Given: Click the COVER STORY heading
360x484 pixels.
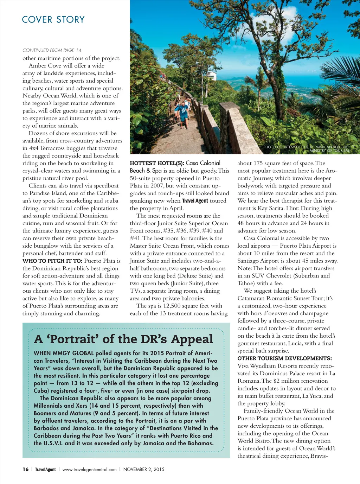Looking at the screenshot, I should coord(53,20).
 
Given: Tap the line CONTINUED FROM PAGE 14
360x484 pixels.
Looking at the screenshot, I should coord(52,50).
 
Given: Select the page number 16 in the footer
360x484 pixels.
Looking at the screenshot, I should coord(26,469).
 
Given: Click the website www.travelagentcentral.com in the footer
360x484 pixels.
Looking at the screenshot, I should coord(89,469).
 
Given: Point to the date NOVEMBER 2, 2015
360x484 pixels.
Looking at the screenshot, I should coord(144,469).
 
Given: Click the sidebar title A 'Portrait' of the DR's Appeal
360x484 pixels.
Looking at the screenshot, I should coord(123,339).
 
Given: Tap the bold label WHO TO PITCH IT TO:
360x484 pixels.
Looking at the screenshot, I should coord(52,261).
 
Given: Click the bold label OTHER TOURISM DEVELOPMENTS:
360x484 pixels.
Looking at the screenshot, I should coord(284,358).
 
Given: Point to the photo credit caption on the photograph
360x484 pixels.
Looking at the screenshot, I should coord(306,149).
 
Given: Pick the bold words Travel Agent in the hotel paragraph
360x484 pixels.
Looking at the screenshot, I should coord(195,201).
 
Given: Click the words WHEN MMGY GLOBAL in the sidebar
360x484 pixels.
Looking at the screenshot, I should coord(64,353).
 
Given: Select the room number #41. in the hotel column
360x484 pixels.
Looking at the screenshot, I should coord(136,238).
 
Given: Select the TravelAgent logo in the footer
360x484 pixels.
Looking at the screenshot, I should coord(45,469).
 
